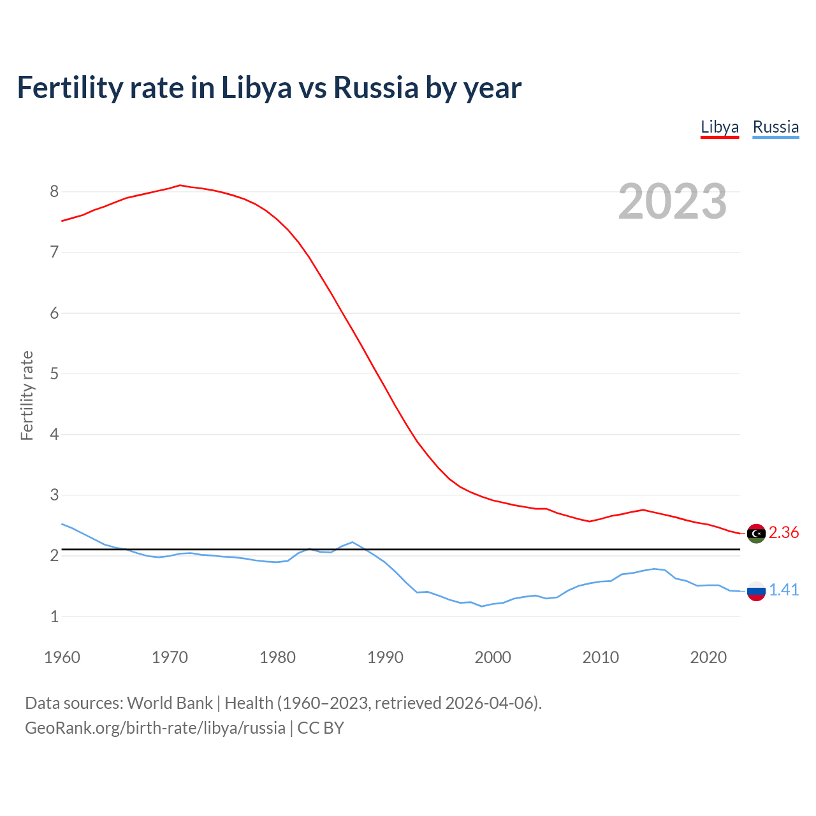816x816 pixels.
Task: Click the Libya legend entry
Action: point(719,127)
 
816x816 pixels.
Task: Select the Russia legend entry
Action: point(775,127)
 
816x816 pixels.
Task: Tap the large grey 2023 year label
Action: point(673,201)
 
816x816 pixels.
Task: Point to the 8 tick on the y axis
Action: point(54,191)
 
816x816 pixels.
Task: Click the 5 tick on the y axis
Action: point(54,374)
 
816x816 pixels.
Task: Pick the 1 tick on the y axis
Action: point(54,616)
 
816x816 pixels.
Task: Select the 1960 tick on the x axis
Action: point(62,657)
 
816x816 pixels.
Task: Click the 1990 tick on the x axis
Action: point(385,657)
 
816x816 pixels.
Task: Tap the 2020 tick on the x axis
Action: point(708,657)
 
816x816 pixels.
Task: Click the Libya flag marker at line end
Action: point(756,534)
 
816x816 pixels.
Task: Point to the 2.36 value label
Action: point(783,532)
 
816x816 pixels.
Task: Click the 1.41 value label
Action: point(783,590)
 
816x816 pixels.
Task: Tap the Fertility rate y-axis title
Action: point(27,395)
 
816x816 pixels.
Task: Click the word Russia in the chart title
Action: point(376,88)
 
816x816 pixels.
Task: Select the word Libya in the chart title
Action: point(256,88)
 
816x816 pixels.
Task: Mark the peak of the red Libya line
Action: point(180,185)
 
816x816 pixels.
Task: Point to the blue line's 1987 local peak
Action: point(353,542)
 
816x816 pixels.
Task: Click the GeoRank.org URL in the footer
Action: point(155,728)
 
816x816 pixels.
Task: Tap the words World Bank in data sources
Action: point(170,703)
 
